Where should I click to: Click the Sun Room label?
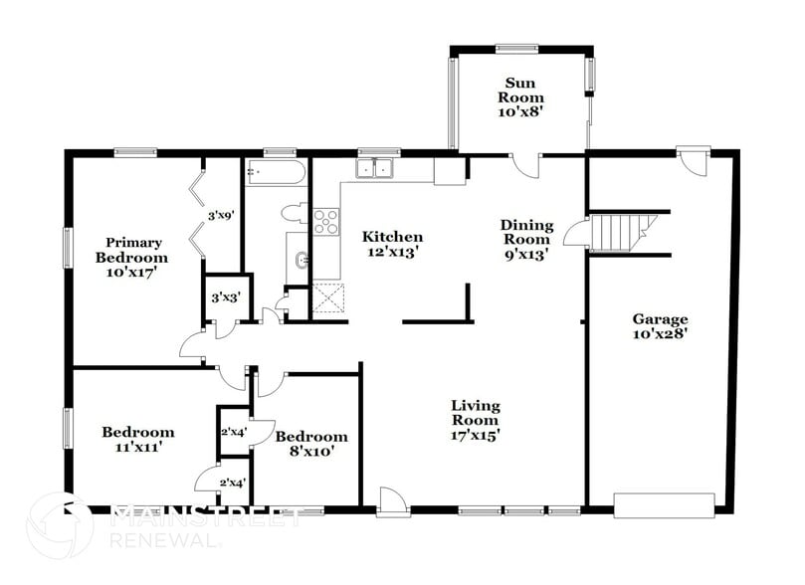[x=523, y=97]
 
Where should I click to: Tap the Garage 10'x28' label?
[x=660, y=326]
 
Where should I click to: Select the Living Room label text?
[x=475, y=419]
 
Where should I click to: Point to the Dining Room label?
[x=524, y=239]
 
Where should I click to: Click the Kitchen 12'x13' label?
[x=392, y=244]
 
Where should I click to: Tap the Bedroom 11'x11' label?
[x=137, y=439]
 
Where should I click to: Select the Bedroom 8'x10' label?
[x=311, y=443]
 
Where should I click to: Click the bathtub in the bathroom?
[x=275, y=174]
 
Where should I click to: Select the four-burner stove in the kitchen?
[x=326, y=222]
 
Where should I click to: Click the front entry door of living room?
[x=393, y=501]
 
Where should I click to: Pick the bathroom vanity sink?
[x=299, y=262]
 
